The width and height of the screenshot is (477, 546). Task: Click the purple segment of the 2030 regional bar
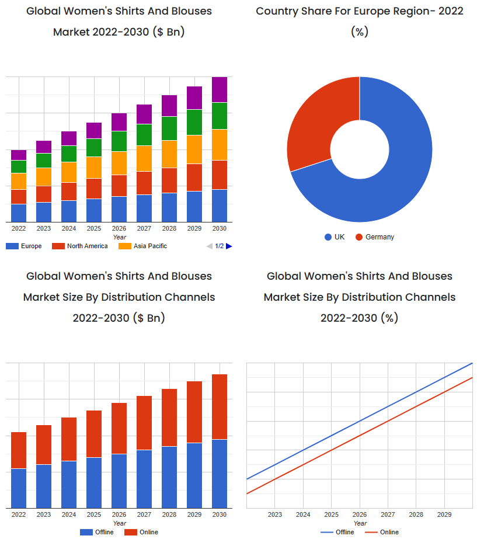[x=219, y=89]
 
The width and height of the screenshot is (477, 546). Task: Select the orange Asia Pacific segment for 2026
[x=119, y=163]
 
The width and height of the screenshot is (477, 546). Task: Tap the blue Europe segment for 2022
[x=19, y=213]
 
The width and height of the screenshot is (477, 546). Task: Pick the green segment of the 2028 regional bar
[x=169, y=128]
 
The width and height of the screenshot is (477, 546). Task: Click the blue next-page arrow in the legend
[x=229, y=246]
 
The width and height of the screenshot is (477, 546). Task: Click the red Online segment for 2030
[x=219, y=406]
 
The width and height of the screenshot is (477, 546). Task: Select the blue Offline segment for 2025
[x=94, y=482]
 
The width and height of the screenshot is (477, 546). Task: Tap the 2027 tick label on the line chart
[x=388, y=514]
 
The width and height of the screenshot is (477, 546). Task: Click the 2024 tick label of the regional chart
[x=69, y=228]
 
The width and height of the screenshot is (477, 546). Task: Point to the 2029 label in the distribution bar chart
[x=194, y=514]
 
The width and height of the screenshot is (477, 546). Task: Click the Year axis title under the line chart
[x=360, y=523]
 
